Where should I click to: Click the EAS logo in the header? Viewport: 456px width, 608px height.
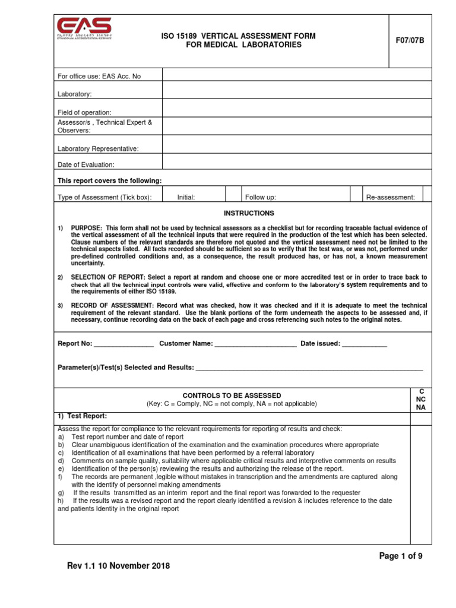click(84, 28)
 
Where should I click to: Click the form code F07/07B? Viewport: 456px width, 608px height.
click(410, 40)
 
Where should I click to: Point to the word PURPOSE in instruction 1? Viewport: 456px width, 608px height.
click(87, 228)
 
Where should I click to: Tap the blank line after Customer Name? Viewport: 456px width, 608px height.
click(255, 344)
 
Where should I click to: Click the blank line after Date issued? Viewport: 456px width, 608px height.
click(365, 344)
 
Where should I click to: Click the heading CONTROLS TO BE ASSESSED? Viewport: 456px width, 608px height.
click(232, 395)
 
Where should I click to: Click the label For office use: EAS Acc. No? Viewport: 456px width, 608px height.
click(99, 76)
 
